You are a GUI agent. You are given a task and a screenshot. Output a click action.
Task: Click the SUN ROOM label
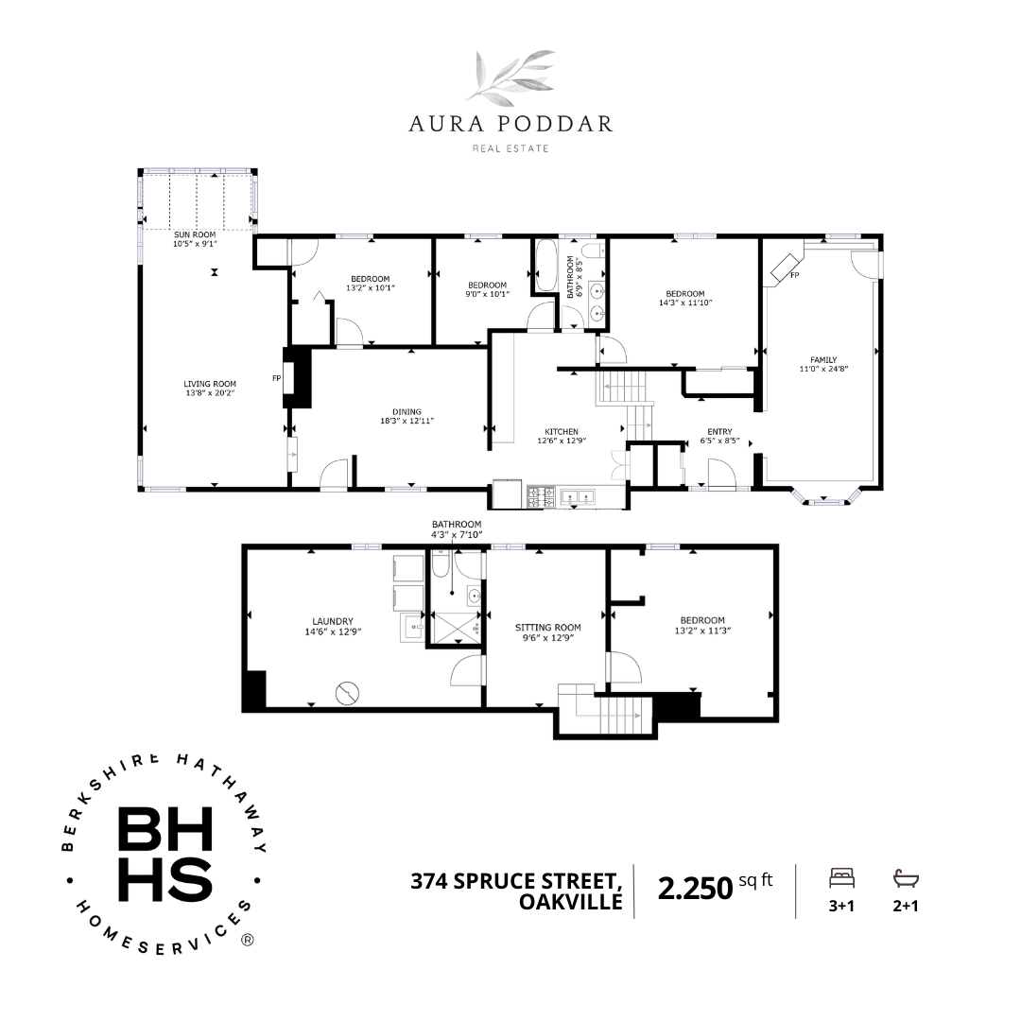coord(195,234)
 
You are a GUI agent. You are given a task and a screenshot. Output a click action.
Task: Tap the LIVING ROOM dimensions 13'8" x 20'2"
coord(210,393)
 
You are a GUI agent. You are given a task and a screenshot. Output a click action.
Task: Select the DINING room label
coord(407,411)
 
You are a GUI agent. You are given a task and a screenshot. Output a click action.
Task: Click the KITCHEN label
coord(562,431)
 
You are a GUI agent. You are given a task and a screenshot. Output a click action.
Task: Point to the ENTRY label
coord(719,431)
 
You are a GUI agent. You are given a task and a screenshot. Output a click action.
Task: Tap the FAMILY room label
coord(823,359)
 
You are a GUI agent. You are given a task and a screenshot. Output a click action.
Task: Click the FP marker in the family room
coord(794,275)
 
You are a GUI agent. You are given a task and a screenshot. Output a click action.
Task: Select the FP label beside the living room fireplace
coord(277,377)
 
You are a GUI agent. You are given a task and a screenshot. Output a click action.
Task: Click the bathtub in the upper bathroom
coord(545,266)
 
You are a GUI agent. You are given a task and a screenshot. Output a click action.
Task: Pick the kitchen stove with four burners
coord(541,497)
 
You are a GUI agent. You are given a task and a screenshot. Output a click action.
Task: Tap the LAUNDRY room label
coord(333,621)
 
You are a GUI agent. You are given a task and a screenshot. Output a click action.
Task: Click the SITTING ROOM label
coord(547,627)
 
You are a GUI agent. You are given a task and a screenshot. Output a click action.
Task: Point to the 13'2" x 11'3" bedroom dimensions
coord(702,631)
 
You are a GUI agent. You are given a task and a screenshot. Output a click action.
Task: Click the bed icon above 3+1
coord(841,878)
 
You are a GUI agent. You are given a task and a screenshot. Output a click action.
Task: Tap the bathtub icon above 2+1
coord(906,878)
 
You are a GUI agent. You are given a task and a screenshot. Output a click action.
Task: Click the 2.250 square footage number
coord(696,888)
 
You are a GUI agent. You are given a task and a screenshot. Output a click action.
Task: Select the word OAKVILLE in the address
coord(571,902)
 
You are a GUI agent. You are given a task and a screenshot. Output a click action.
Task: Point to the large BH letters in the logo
coord(165,829)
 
